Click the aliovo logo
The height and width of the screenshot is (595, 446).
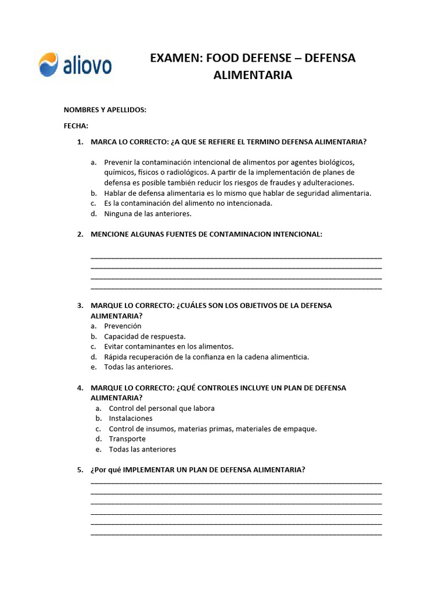click(75, 64)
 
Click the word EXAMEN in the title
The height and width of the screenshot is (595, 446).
click(174, 58)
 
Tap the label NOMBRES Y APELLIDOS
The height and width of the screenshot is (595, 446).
click(105, 110)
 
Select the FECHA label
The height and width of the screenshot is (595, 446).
click(75, 126)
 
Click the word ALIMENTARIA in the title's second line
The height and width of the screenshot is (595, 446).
click(253, 76)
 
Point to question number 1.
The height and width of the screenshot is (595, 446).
click(80, 142)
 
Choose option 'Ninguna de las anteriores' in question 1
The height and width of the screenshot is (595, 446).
click(148, 214)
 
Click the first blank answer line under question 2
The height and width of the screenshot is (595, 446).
click(236, 257)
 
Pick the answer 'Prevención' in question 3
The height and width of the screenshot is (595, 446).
click(123, 326)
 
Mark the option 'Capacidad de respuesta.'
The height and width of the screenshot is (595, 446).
click(145, 336)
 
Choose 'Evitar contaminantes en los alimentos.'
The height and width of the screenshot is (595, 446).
click(168, 346)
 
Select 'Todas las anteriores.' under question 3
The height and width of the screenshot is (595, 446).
click(138, 367)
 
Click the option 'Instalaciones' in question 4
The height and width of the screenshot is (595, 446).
click(131, 418)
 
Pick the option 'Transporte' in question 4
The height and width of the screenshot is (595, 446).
click(127, 439)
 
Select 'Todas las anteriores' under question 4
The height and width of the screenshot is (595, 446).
click(142, 450)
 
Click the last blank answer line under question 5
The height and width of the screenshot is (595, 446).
click(236, 533)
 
